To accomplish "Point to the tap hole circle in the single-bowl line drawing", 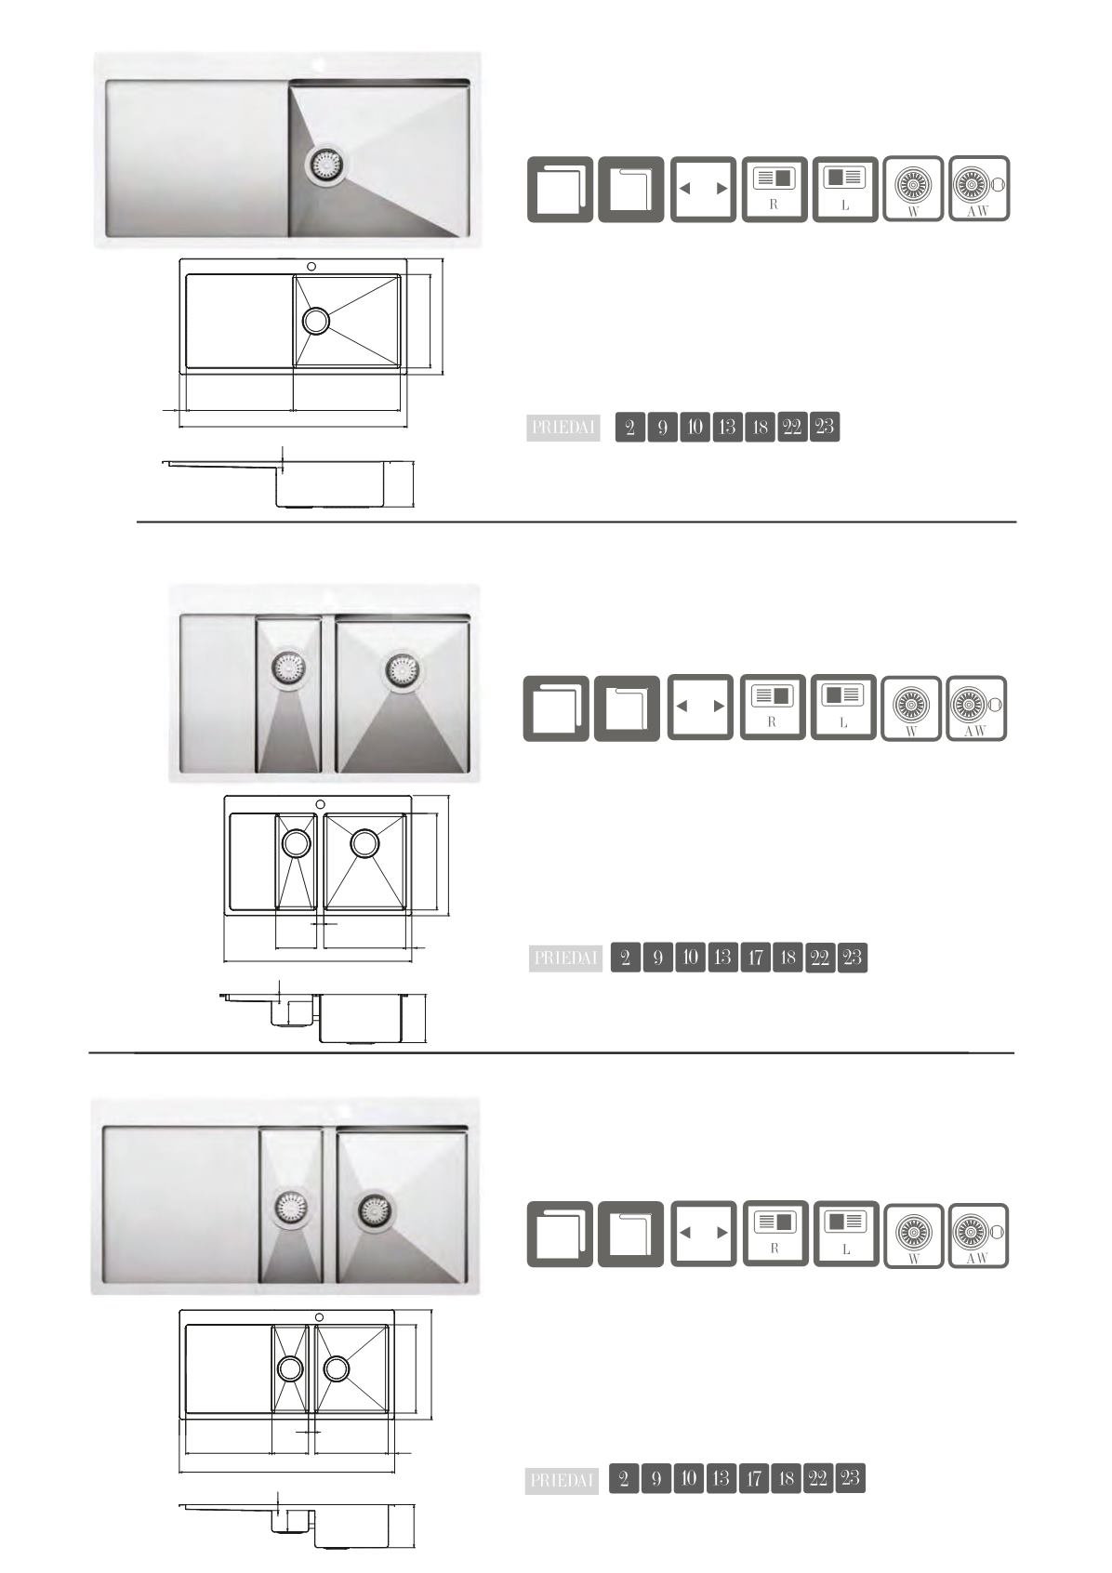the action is (311, 267).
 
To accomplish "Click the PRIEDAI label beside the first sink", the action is (563, 428).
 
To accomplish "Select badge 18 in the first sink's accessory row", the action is (760, 427).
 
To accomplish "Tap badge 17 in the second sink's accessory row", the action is (755, 958).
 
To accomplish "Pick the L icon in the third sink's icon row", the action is (846, 1234).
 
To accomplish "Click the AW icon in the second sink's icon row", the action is (976, 708).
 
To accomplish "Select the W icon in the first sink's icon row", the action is (912, 189).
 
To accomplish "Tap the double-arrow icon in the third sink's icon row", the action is (703, 1234).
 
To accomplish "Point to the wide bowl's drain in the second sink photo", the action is (404, 669).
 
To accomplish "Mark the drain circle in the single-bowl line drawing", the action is (316, 320).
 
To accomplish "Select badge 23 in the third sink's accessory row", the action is (850, 1478).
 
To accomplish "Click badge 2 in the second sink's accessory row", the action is (625, 958).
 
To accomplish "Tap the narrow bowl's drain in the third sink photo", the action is (291, 1208).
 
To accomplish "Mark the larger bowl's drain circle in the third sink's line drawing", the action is (337, 1368).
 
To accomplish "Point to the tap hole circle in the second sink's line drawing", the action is (321, 804).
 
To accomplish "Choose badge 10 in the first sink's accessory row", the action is (695, 427).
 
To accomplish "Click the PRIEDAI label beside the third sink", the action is (562, 1481).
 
